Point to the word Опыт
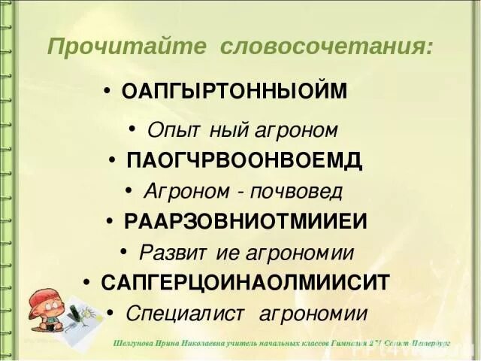tap(170, 130)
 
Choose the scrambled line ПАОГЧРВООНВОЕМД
tap(245, 160)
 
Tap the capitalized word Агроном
tap(180, 190)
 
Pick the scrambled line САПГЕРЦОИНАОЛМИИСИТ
tap(245, 282)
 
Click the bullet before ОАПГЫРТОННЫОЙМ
tap(109, 92)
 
